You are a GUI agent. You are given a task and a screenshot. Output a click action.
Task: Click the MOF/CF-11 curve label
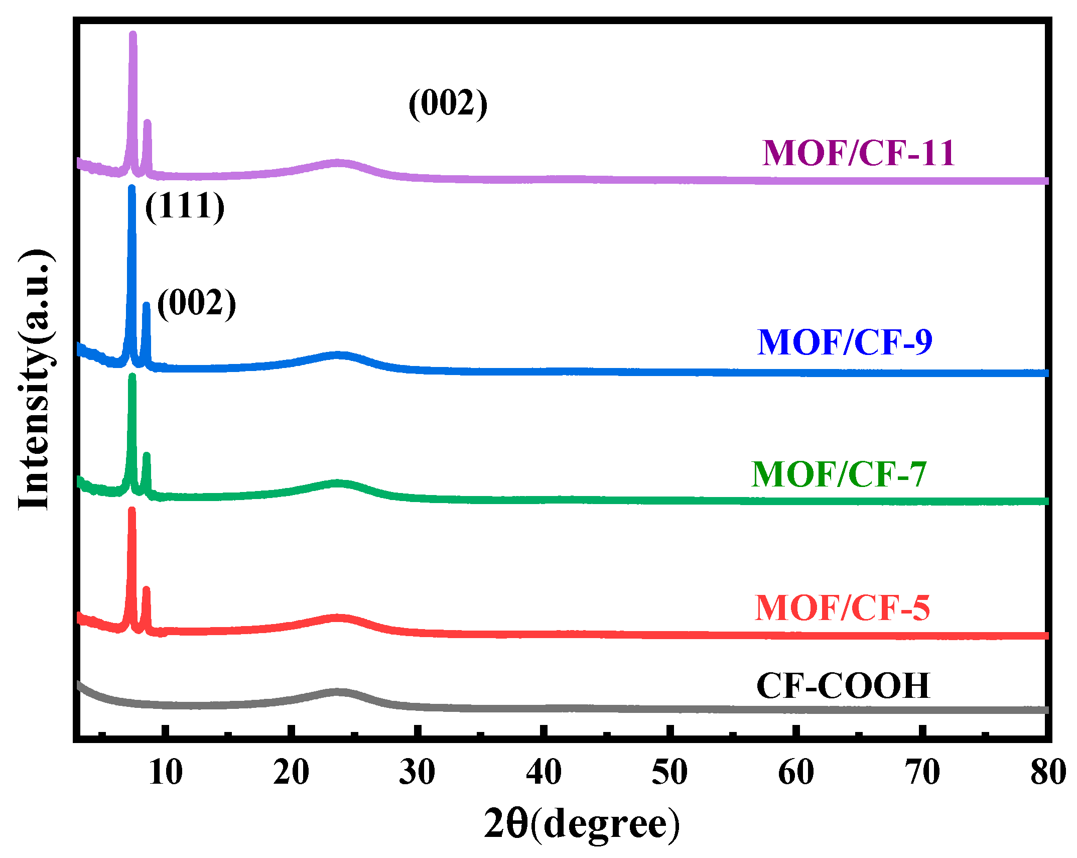858,153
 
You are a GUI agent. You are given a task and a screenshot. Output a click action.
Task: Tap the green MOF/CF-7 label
839,474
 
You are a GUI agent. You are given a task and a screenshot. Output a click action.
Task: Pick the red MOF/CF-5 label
842,608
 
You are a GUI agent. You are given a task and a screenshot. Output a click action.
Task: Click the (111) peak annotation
185,206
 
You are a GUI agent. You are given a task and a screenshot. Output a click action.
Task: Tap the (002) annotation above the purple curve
448,103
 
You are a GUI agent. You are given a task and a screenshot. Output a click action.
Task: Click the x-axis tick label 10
166,772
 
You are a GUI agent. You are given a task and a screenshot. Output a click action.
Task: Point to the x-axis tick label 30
417,772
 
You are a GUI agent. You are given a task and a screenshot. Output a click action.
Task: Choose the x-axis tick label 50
669,772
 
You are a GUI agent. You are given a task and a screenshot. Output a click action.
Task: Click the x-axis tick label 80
1048,772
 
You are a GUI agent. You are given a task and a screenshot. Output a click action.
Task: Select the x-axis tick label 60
796,772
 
